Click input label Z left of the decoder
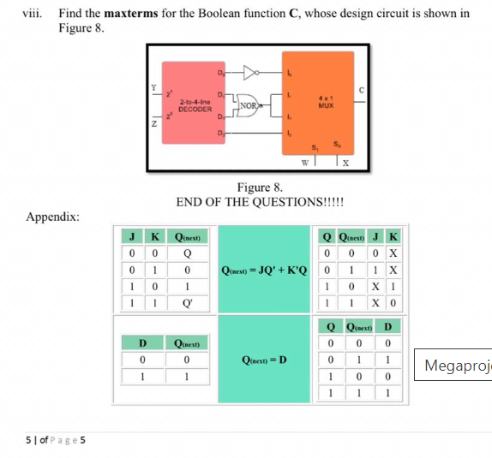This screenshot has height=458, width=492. pos(153,125)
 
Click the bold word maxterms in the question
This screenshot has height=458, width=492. pos(140,14)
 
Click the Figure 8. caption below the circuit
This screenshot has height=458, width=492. pos(260,187)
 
